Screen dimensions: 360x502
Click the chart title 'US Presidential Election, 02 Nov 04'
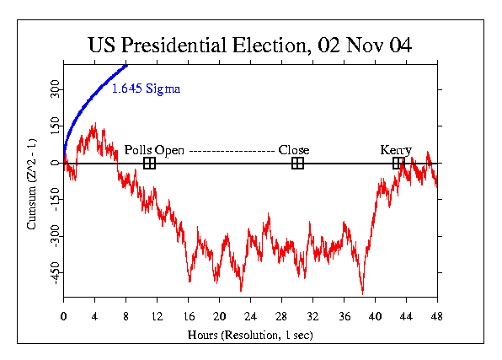[x=250, y=45]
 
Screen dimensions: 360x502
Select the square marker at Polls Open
[x=149, y=163]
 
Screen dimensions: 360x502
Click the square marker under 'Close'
[x=297, y=163]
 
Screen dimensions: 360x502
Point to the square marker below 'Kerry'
[x=398, y=163]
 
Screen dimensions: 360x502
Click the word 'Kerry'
[x=396, y=150]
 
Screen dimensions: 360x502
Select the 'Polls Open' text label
[x=154, y=150]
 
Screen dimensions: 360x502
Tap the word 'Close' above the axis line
[x=294, y=150]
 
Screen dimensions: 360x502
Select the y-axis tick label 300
[x=54, y=89]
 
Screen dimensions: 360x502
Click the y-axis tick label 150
[x=54, y=126]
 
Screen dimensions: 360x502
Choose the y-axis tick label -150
[x=54, y=201]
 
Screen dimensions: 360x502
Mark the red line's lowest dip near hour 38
[x=362, y=293]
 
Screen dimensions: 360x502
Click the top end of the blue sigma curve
[x=126, y=64]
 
